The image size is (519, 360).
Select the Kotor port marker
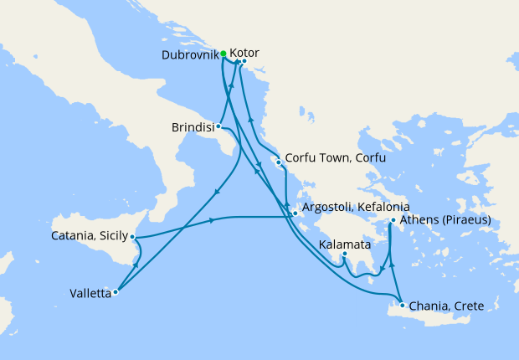tap(243, 61)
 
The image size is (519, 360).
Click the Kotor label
tap(244, 52)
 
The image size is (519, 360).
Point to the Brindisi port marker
tap(218, 127)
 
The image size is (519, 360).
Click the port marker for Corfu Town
tap(278, 163)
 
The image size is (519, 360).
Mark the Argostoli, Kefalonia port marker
tap(295, 213)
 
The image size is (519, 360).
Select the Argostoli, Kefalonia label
tap(356, 206)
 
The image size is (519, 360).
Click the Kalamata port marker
tap(345, 254)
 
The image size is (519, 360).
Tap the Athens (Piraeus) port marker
tap(393, 222)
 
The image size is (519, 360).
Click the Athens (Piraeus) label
tap(445, 221)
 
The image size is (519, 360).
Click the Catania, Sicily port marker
tap(133, 238)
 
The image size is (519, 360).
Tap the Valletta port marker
tap(116, 292)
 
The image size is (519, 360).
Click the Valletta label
tap(90, 293)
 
